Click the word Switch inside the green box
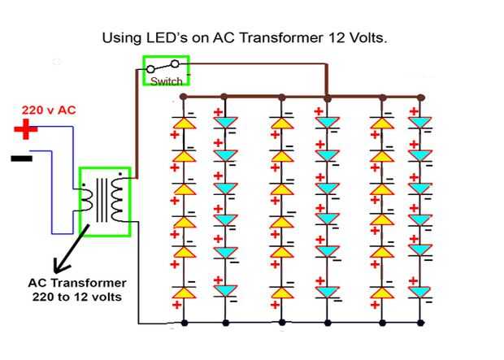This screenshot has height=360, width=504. point(167,81)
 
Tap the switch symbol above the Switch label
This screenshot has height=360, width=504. point(166,68)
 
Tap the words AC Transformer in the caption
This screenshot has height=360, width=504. point(77,283)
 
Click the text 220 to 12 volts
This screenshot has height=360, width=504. point(78,297)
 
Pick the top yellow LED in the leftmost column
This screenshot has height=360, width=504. point(184,124)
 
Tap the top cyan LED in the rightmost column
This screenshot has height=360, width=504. point(420,123)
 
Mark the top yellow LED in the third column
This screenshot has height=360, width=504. point(282,124)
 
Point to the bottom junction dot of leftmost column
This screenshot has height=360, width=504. point(185,323)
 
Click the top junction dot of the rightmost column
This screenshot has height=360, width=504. point(420,97)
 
